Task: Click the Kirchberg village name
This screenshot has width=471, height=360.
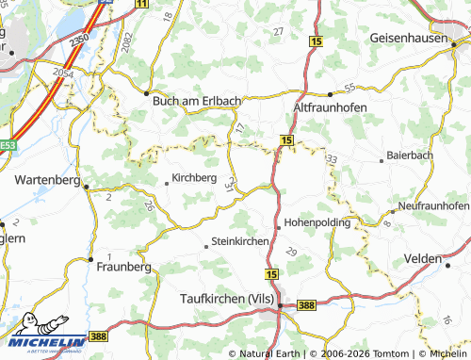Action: pyautogui.click(x=196, y=177)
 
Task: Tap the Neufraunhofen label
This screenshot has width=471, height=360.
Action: pyautogui.click(x=433, y=205)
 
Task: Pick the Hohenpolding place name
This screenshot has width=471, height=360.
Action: pyautogui.click(x=317, y=223)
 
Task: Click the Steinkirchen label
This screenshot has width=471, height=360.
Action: pyautogui.click(x=242, y=241)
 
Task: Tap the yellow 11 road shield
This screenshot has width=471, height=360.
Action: pyautogui.click(x=141, y=5)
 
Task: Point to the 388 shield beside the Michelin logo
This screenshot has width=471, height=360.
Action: pyautogui.click(x=99, y=336)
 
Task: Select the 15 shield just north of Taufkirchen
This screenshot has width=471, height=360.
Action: pyautogui.click(x=271, y=273)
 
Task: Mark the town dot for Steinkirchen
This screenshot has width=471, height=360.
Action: pyautogui.click(x=207, y=246)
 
